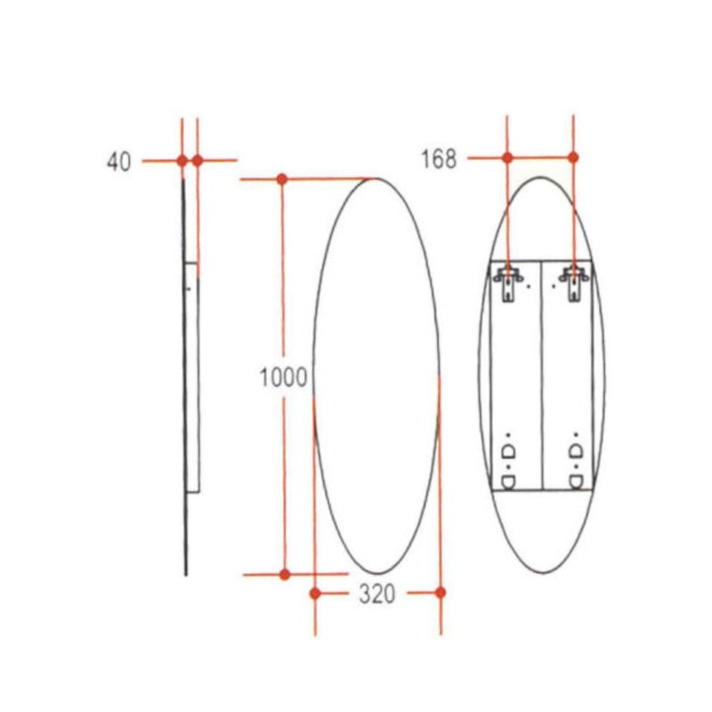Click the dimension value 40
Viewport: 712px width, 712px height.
(x=118, y=161)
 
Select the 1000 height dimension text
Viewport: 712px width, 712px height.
(x=283, y=377)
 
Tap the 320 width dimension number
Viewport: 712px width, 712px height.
(x=376, y=595)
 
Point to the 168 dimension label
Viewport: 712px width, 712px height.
(x=438, y=159)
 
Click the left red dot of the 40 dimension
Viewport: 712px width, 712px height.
(x=182, y=160)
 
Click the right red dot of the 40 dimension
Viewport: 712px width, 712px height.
(x=198, y=160)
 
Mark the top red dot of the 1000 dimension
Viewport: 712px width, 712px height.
(x=282, y=179)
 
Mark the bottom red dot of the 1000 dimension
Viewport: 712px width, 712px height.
(x=285, y=574)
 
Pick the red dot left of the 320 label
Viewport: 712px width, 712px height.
(x=315, y=593)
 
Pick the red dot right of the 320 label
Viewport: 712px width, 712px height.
(x=440, y=592)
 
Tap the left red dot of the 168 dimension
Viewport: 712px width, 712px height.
(x=507, y=158)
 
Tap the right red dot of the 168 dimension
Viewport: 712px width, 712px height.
(x=573, y=158)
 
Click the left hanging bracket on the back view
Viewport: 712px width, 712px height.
(x=508, y=280)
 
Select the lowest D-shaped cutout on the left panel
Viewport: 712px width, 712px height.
(x=509, y=481)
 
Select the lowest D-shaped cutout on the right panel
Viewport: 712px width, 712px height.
(x=576, y=481)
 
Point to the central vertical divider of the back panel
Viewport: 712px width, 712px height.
(x=542, y=374)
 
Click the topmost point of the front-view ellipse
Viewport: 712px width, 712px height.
(x=376, y=178)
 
